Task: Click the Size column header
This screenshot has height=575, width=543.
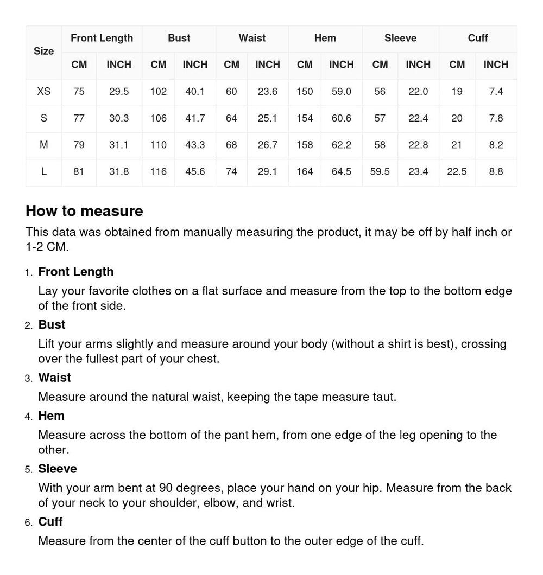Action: coord(43,52)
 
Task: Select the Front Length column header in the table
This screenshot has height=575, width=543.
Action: coord(102,38)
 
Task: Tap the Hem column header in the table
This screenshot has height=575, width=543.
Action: coord(325,38)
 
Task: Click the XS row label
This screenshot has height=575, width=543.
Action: coord(43,92)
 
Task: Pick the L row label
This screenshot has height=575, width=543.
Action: coord(43,172)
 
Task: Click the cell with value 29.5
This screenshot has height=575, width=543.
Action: coord(118,92)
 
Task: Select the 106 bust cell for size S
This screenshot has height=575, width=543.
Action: coord(158,118)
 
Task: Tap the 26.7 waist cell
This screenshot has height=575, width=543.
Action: coord(267,145)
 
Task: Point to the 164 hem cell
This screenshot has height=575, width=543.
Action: coord(305,172)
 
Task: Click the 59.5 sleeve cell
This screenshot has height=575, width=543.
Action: coord(380,172)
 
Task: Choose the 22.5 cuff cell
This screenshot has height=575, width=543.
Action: coord(457,172)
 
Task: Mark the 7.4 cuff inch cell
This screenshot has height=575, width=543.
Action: coord(496,92)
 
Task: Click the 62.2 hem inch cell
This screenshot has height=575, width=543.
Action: coord(341,145)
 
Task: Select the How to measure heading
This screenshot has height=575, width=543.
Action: coord(84,211)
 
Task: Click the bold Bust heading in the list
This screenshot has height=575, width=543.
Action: coord(52,325)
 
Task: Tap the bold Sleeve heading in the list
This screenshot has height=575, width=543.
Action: coord(58,469)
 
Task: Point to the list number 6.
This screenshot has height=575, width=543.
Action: coord(28,522)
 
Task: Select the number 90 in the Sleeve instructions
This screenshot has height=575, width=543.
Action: coord(166,488)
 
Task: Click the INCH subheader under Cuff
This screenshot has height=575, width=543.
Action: coord(496,65)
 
